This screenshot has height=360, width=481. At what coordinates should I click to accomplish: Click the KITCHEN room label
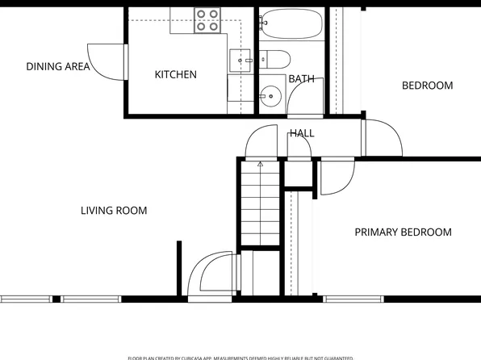click(x=175, y=74)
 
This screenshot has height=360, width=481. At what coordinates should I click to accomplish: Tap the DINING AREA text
click(x=57, y=67)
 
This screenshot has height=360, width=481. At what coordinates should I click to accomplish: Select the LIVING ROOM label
click(x=114, y=211)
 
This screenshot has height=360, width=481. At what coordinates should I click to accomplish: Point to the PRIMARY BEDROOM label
click(x=403, y=232)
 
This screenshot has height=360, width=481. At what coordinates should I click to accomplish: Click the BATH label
click(x=301, y=79)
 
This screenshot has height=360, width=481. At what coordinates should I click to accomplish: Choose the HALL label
click(x=302, y=133)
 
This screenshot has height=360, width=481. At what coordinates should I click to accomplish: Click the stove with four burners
click(x=207, y=20)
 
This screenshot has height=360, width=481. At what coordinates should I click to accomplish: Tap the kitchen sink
click(x=240, y=60)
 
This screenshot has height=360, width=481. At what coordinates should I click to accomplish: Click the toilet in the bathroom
click(x=274, y=59)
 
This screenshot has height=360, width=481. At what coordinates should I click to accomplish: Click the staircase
click(x=260, y=206)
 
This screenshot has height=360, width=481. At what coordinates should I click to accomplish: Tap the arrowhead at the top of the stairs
click(x=260, y=164)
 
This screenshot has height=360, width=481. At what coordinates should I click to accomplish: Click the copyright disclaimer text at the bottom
click(x=240, y=357)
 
